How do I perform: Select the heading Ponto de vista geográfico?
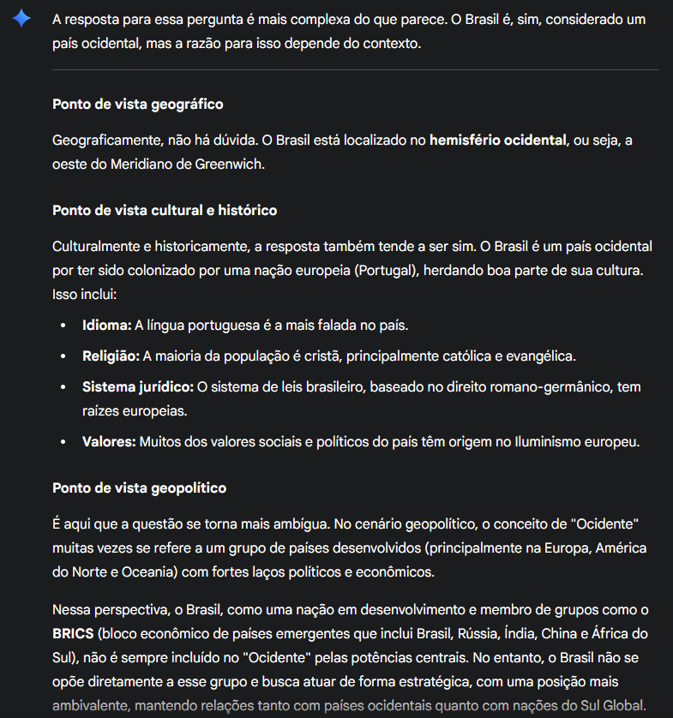tap(137, 104)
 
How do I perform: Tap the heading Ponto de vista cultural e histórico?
tap(165, 210)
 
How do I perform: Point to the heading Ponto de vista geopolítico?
tap(139, 488)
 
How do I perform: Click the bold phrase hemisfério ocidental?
tap(498, 139)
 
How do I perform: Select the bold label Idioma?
tap(106, 326)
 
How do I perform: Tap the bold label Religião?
tap(111, 356)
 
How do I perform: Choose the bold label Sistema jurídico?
tap(137, 387)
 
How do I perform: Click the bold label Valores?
tap(108, 442)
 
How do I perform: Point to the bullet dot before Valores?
tap(63, 442)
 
